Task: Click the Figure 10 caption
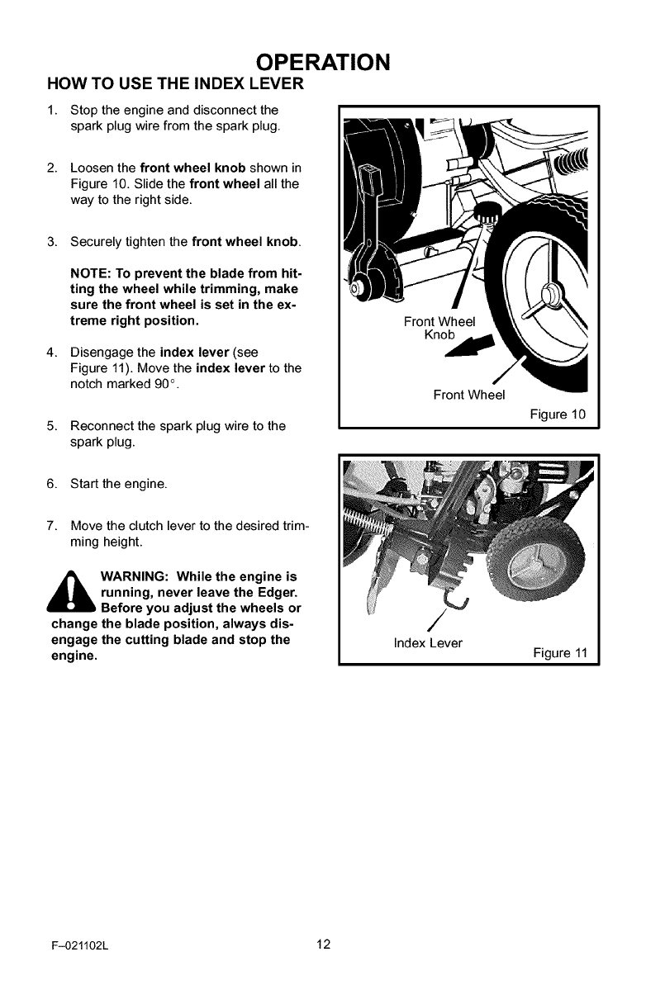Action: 558,414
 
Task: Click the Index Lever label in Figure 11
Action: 428,642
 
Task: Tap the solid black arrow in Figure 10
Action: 474,346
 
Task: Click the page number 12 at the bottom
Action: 322,945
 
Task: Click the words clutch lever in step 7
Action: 171,526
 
